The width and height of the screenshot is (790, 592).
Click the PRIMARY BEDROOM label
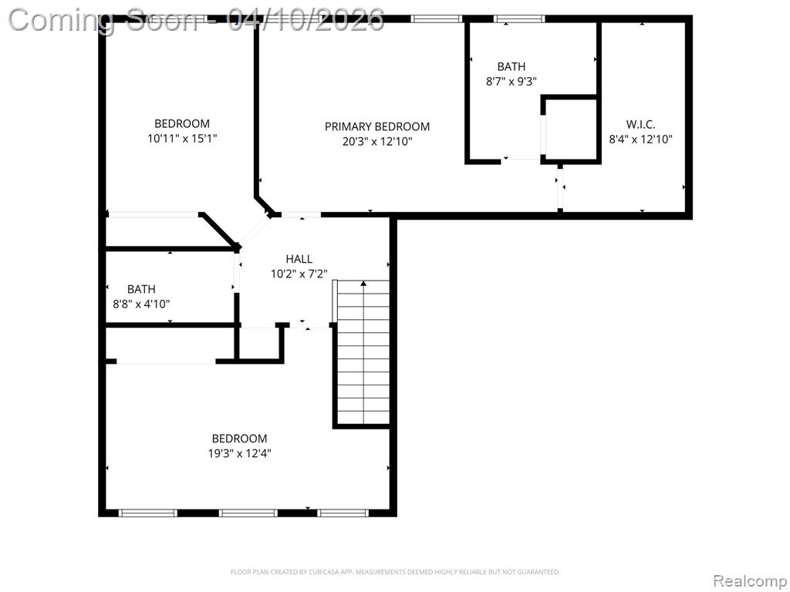pyautogui.click(x=376, y=126)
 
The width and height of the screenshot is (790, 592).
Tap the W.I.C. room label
pyautogui.click(x=640, y=124)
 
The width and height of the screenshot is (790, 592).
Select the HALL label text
pyautogui.click(x=299, y=259)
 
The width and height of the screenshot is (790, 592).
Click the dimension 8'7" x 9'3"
pyautogui.click(x=511, y=81)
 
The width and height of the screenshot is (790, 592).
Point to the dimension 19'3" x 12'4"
pyautogui.click(x=239, y=453)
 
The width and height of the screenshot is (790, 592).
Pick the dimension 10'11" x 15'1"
pyautogui.click(x=182, y=139)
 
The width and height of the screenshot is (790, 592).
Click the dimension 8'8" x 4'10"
pyautogui.click(x=141, y=304)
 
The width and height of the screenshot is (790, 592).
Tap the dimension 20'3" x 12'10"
pyautogui.click(x=376, y=142)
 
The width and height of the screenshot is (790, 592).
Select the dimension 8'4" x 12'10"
pyautogui.click(x=640, y=140)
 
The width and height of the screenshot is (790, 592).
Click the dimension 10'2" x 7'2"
pyautogui.click(x=299, y=274)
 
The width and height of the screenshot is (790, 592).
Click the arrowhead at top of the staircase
pyautogui.click(x=364, y=284)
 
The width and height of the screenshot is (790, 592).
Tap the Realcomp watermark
pyautogui.click(x=750, y=580)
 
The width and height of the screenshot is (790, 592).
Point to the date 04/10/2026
pyautogui.click(x=306, y=20)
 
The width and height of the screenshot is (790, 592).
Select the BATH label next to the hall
pyautogui.click(x=141, y=289)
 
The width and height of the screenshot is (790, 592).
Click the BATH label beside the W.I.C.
pyautogui.click(x=511, y=66)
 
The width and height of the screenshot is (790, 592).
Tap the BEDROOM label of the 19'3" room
pyautogui.click(x=239, y=438)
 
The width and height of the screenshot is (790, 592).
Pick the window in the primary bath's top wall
pyautogui.click(x=519, y=19)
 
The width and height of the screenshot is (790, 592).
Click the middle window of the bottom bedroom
pyautogui.click(x=248, y=513)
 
